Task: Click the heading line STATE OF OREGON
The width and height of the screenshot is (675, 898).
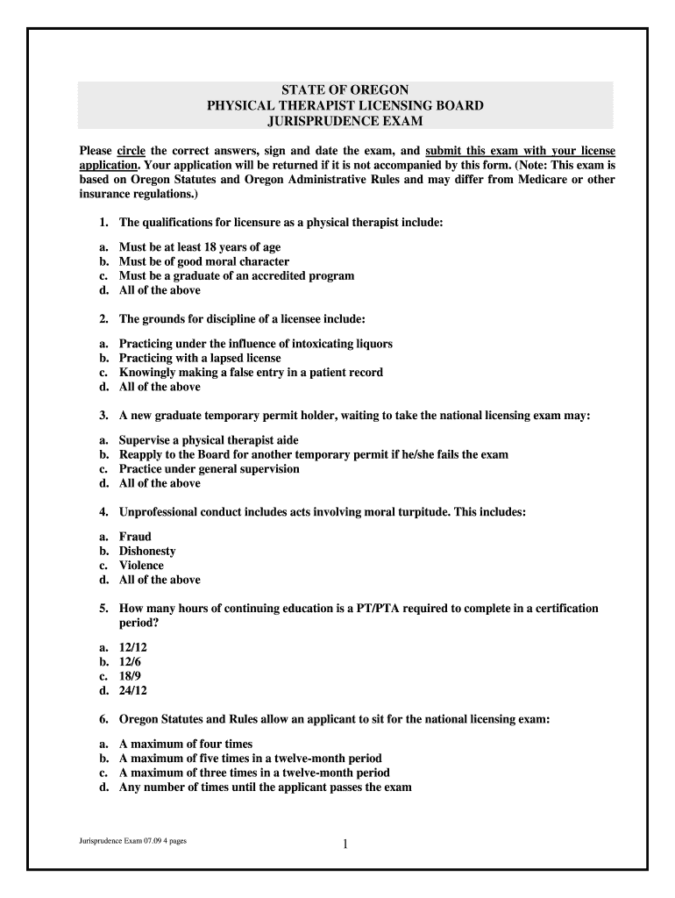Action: (345, 90)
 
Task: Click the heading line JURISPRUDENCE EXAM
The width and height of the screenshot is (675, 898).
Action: (345, 120)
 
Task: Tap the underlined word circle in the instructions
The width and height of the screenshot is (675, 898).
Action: (131, 150)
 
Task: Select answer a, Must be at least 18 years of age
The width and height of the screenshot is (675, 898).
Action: (200, 247)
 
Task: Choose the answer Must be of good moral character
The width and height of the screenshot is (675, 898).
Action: (203, 261)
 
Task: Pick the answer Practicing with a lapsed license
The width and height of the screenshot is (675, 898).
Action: (200, 358)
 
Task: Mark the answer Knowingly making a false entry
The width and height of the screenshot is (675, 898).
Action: (251, 372)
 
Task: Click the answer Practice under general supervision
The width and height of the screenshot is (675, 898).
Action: (209, 468)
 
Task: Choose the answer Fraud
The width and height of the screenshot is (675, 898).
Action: (135, 537)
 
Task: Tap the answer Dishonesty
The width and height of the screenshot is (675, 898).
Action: (147, 551)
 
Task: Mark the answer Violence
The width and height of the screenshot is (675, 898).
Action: (141, 565)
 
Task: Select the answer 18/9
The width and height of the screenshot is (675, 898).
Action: (130, 676)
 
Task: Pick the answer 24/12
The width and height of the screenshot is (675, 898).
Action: (132, 690)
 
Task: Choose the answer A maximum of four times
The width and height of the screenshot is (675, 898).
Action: (185, 745)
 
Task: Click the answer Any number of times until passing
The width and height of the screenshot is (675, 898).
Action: (265, 787)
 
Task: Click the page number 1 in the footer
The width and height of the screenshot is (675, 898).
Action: (345, 845)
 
